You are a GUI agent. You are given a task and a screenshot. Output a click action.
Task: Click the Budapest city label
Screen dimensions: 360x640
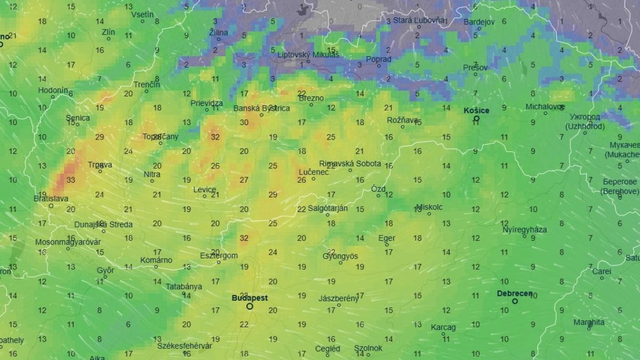(x=249, y=297)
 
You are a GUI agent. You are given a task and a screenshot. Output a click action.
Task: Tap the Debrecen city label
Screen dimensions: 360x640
(x=515, y=293)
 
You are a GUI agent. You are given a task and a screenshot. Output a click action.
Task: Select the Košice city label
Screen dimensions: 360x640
(x=477, y=110)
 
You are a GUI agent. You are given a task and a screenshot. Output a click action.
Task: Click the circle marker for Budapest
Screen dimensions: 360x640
(x=250, y=307)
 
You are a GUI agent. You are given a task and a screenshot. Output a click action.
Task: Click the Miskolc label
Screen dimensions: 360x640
(x=428, y=208)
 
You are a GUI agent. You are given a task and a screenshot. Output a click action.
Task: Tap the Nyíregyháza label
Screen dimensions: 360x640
(x=524, y=229)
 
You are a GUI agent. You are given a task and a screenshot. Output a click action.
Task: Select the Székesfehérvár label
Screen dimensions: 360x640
(x=184, y=344)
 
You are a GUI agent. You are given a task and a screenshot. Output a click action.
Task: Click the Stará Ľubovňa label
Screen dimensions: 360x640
(x=419, y=19)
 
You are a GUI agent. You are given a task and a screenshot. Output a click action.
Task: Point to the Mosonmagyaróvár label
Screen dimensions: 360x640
(x=68, y=242)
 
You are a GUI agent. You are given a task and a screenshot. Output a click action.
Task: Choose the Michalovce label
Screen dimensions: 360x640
(x=545, y=105)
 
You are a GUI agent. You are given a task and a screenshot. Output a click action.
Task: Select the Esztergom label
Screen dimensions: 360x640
(x=218, y=255)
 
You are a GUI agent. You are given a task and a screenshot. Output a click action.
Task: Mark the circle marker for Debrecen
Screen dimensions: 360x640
(x=516, y=302)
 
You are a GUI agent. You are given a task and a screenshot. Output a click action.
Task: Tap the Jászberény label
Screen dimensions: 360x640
(x=337, y=298)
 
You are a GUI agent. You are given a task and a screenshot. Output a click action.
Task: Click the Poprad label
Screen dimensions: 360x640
(x=379, y=59)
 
